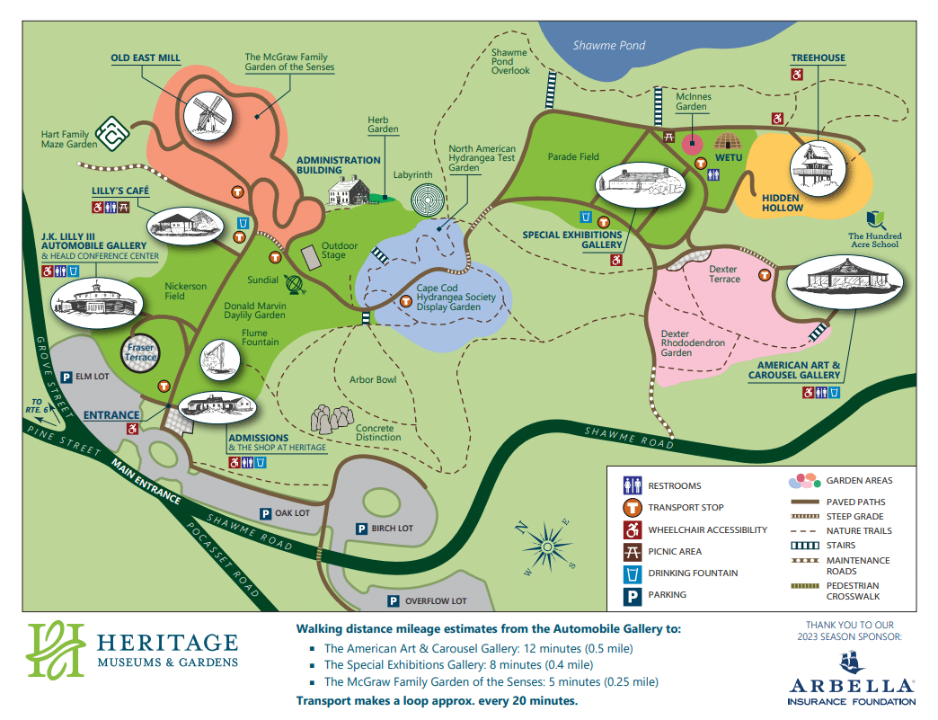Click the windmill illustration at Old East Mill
pyautogui.click(x=204, y=115)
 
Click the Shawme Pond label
pyautogui.click(x=609, y=45)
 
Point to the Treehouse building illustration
pyautogui.click(x=817, y=168)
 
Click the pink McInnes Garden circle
pyautogui.click(x=693, y=142)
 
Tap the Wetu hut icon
pyautogui.click(x=726, y=141)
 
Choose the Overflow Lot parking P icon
pyautogui.click(x=393, y=600)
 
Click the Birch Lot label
pyautogui.click(x=392, y=529)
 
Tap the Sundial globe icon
pyautogui.click(x=294, y=284)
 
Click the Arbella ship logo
pyautogui.click(x=851, y=663)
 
